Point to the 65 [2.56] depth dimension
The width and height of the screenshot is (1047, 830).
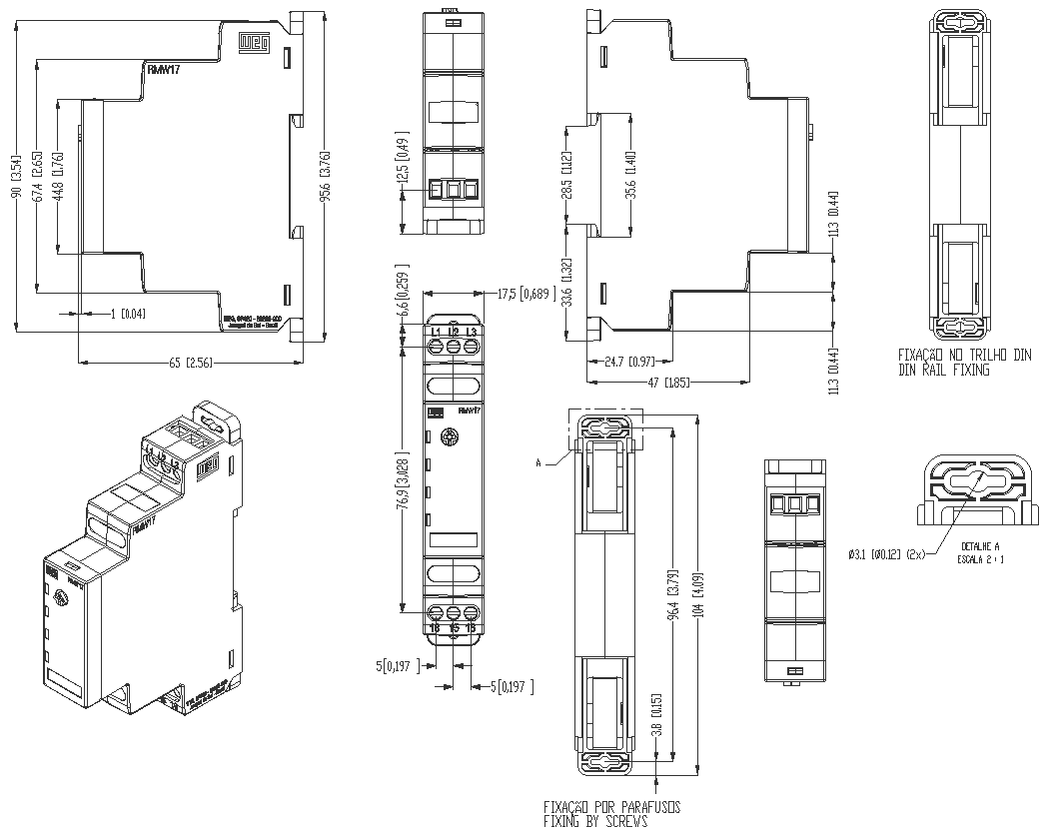click(x=182, y=362)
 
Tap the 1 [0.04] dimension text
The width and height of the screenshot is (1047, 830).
click(x=127, y=314)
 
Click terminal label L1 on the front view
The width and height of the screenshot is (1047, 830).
click(x=436, y=331)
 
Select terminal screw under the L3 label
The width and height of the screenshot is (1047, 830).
click(x=471, y=347)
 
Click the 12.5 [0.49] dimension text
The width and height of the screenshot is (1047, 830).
click(x=403, y=160)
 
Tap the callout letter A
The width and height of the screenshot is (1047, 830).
click(x=539, y=462)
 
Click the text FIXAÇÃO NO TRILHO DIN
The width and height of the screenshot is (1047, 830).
click(x=964, y=356)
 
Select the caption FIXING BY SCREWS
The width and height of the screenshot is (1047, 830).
click(x=594, y=821)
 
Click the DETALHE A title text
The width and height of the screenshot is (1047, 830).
click(x=980, y=547)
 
